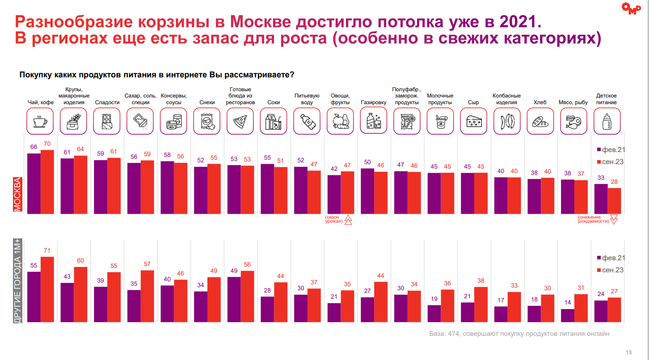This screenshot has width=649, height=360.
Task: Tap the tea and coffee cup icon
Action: (x=40, y=121)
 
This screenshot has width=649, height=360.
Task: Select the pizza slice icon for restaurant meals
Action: (x=240, y=121)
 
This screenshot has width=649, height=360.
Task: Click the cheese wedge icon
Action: (x=473, y=121)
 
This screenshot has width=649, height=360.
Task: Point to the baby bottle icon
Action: (x=607, y=121)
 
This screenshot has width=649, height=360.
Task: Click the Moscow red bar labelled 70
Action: (x=47, y=182)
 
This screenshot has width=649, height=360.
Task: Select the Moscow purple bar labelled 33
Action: (x=600, y=199)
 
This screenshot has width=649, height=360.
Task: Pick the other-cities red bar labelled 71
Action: (x=47, y=289)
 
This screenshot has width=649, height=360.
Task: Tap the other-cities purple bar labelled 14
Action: (x=567, y=315)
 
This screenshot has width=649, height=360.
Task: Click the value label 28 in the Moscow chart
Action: (x=615, y=182)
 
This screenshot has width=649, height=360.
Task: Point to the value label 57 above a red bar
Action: (x=147, y=264)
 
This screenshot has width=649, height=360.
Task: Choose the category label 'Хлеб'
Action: (x=540, y=102)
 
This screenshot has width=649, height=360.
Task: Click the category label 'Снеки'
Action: (x=207, y=102)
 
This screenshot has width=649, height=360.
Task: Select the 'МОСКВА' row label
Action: (x=17, y=194)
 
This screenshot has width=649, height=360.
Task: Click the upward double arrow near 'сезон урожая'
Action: (x=348, y=220)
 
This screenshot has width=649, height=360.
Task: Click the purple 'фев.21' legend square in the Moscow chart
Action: (x=599, y=150)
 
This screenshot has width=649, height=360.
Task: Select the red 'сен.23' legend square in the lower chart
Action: (x=599, y=270)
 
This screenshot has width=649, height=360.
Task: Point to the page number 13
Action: (x=629, y=351)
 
